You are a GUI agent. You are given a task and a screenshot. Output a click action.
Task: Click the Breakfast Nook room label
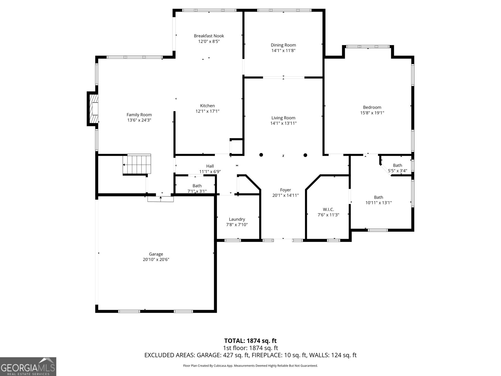pyautogui.click(x=209, y=36)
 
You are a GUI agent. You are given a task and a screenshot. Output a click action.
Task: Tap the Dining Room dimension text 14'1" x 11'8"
pyautogui.click(x=283, y=50)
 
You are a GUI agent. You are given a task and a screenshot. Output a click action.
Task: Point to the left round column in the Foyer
pyautogui.click(x=261, y=155)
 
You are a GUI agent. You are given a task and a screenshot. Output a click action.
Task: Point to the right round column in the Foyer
pyautogui.click(x=305, y=155)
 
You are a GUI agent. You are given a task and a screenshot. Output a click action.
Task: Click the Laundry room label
pyautogui.click(x=237, y=219)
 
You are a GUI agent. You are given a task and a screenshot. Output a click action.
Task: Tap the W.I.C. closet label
pyautogui.click(x=328, y=209)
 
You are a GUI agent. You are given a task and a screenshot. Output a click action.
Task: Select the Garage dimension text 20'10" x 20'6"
pyautogui.click(x=156, y=259)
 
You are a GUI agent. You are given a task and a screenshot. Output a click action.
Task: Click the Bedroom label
pyautogui.click(x=372, y=107)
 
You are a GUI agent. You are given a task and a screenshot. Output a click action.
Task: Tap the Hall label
pyautogui.click(x=210, y=166)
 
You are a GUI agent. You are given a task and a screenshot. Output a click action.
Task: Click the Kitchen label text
pyautogui.click(x=207, y=106)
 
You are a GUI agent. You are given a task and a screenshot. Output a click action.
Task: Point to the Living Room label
pyautogui.click(x=283, y=118)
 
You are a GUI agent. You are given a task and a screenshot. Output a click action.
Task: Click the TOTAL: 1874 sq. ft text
pyautogui.click(x=250, y=341)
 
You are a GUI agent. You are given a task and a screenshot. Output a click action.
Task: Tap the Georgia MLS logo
pyautogui.click(x=28, y=367)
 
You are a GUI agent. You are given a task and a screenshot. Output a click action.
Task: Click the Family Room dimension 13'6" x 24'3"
pyautogui.click(x=139, y=120)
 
